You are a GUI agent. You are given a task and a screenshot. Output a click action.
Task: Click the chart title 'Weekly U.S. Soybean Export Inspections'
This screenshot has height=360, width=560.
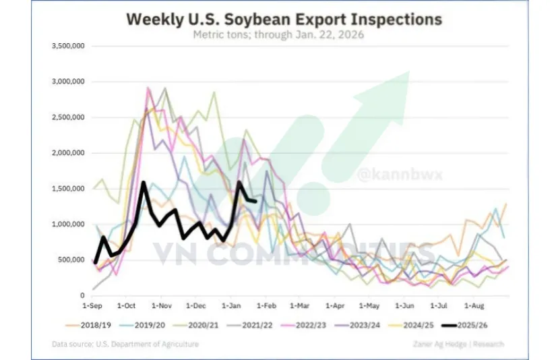[284, 20]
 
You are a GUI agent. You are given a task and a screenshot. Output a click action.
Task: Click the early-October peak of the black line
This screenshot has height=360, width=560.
[143, 182]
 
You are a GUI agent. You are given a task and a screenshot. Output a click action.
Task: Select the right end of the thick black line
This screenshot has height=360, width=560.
[255, 200]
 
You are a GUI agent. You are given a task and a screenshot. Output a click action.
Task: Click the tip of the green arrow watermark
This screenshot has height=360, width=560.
[409, 72]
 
